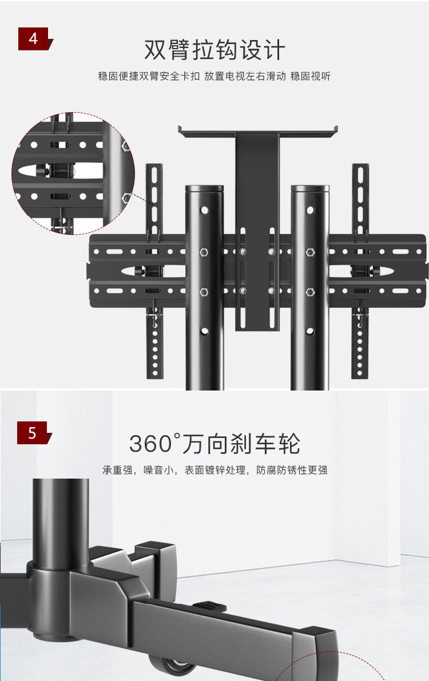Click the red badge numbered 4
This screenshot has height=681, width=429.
coord(34,39)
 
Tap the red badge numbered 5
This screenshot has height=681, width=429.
coord(33,433)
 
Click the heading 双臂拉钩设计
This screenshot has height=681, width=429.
coord(214,50)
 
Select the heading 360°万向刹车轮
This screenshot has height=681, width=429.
coord(214,444)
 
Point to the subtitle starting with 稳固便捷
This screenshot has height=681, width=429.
coord(214,76)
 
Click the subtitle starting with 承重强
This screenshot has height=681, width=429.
coord(214,471)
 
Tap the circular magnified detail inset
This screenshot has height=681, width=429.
coord(73,173)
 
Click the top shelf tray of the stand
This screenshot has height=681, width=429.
coord(257,131)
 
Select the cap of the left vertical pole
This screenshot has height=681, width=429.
coord(204,188)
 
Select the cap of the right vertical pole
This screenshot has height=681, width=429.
coord(310,188)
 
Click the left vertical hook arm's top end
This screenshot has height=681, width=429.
coord(154,169)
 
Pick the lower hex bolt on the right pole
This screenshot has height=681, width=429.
coord(310,292)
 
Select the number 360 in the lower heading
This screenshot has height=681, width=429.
coord(150,444)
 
